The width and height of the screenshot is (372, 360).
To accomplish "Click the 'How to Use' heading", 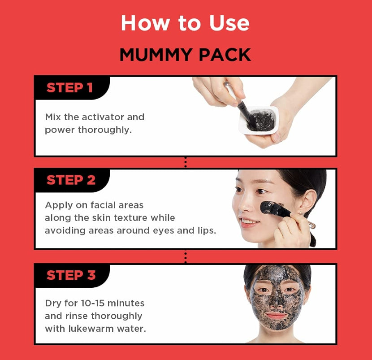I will coord(185,23).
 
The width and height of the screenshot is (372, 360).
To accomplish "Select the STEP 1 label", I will coord(69,88).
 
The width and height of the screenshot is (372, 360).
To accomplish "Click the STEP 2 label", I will coord(71,180).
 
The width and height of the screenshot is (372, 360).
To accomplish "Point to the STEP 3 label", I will coord(71,275).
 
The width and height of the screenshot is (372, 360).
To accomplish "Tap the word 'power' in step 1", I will coord(60,130).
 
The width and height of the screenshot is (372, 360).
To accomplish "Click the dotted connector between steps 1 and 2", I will coord(186,162).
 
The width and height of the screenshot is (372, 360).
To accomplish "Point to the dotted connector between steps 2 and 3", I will coord(186,256).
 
